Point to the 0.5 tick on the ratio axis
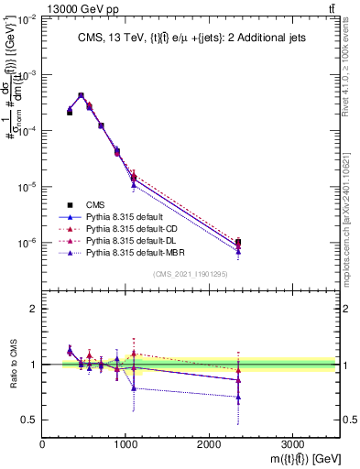click(30, 420)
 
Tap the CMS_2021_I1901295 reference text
click(190, 274)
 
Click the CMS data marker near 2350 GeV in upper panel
click(238, 243)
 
